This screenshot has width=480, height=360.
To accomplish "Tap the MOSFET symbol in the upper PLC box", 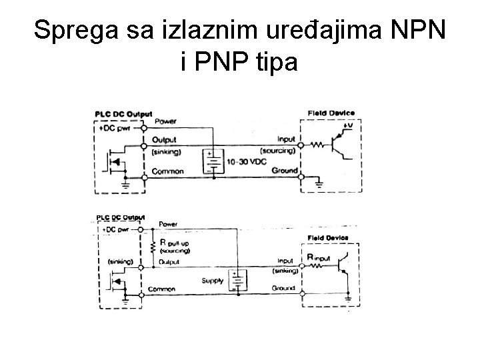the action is coord(115,161).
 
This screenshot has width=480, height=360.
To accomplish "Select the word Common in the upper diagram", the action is coord(168,171).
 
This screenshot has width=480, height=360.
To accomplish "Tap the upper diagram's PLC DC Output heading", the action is coord(124,115).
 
